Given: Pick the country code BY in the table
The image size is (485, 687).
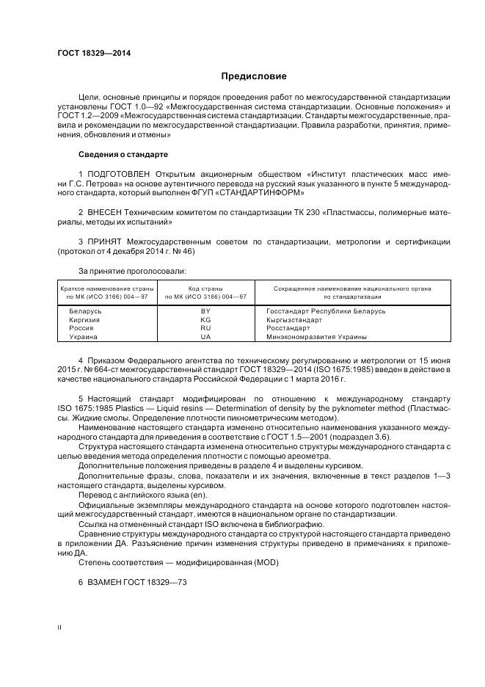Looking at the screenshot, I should (205, 310).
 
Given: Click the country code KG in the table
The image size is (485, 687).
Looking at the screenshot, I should (205, 319).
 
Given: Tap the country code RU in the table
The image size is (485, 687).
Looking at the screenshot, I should (205, 328).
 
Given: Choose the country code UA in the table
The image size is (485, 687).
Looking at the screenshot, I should (205, 337).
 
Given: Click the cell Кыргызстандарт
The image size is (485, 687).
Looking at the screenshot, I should (294, 319).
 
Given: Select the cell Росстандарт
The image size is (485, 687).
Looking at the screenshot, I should (288, 328).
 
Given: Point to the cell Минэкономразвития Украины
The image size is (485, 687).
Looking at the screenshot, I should (317, 337).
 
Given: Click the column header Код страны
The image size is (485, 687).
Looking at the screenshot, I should (205, 288).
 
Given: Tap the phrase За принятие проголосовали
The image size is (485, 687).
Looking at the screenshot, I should (121, 270).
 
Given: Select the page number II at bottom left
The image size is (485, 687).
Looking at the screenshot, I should (60, 628).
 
